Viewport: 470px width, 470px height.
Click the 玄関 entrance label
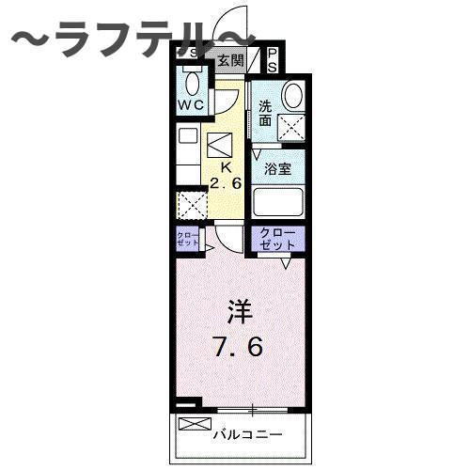tap(230, 61)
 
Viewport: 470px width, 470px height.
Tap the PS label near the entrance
tap(273, 61)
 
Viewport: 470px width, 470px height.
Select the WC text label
tap(191, 106)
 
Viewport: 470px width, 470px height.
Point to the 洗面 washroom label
tap(267, 113)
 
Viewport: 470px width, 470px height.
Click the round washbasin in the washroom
tap(293, 97)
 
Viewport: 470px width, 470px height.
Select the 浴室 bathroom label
tap(278, 171)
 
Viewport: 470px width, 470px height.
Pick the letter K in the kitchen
tap(225, 168)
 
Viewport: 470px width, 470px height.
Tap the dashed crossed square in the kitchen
tap(192, 205)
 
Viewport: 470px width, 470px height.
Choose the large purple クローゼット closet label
tap(278, 238)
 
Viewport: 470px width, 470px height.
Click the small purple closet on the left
tap(185, 238)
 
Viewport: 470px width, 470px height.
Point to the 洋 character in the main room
tap(236, 310)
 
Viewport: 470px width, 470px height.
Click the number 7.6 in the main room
tap(236, 345)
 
